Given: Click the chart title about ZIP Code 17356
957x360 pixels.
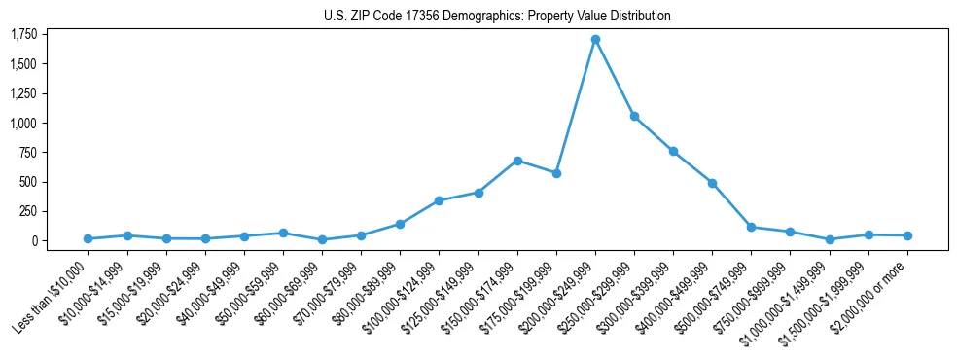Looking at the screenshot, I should (497, 16).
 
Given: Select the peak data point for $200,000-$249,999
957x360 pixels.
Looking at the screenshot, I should (595, 40).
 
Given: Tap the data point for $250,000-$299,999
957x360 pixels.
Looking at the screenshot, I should (634, 117).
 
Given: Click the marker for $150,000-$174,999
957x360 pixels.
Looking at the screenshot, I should (517, 161).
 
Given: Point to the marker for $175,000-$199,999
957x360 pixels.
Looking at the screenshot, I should (556, 173).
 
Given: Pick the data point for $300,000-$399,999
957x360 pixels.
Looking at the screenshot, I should (673, 152).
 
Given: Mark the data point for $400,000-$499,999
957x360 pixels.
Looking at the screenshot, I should (712, 183).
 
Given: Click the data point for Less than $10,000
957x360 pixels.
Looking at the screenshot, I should (89, 238).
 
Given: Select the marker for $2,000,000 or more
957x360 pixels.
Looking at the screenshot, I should (907, 235).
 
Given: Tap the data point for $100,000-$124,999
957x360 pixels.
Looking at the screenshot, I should (439, 200).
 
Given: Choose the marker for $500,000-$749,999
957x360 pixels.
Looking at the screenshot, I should (751, 227).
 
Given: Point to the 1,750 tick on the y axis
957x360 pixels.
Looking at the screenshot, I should (23, 35).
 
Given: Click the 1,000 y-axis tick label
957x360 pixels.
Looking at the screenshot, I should (23, 124).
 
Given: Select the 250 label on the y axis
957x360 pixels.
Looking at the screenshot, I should (28, 211).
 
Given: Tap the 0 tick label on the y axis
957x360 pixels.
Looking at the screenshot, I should (33, 241).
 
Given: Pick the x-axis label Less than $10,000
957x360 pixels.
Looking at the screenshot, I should (51, 293).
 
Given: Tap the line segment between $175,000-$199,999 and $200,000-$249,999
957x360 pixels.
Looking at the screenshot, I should (576, 107).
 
